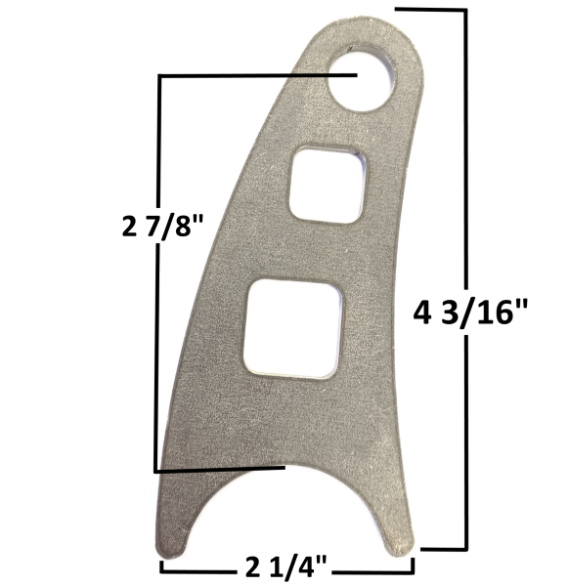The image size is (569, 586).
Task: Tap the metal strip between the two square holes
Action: [313, 249]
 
